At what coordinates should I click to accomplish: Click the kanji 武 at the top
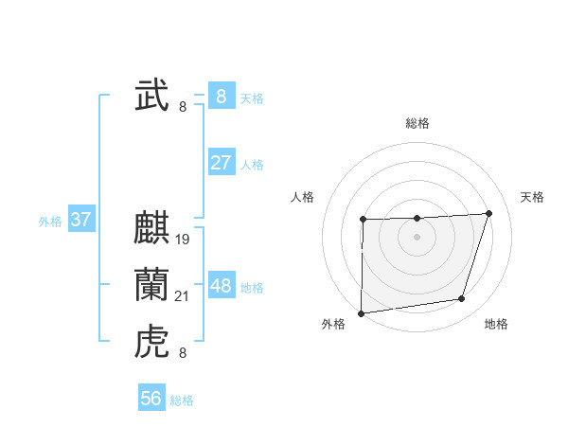151,97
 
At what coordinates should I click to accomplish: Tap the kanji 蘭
151,286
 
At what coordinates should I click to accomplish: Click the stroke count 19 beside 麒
183,240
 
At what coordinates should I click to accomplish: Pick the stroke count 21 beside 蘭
183,296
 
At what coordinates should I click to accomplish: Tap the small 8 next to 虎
183,353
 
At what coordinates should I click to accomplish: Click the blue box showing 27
221,163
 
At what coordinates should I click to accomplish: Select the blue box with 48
221,286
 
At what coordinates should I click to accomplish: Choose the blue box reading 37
80,221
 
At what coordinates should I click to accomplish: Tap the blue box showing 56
151,399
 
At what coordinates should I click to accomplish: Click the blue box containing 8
221,97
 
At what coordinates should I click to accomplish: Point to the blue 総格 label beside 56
182,400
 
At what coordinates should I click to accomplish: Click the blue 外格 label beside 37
50,222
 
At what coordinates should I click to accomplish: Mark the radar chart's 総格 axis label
417,123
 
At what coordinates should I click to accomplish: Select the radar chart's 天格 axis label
532,197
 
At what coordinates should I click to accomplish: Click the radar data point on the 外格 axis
362,313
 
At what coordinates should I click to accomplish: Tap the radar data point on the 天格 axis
488,213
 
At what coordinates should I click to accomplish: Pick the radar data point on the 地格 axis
462,299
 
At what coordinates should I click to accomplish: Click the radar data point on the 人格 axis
364,220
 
